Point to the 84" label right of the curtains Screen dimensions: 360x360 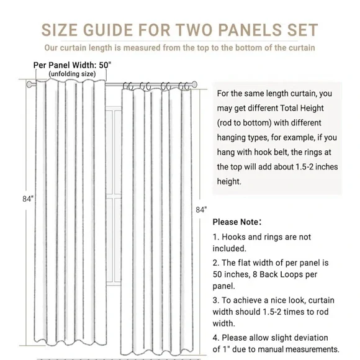[200, 210]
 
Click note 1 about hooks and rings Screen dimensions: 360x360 [261, 243]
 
